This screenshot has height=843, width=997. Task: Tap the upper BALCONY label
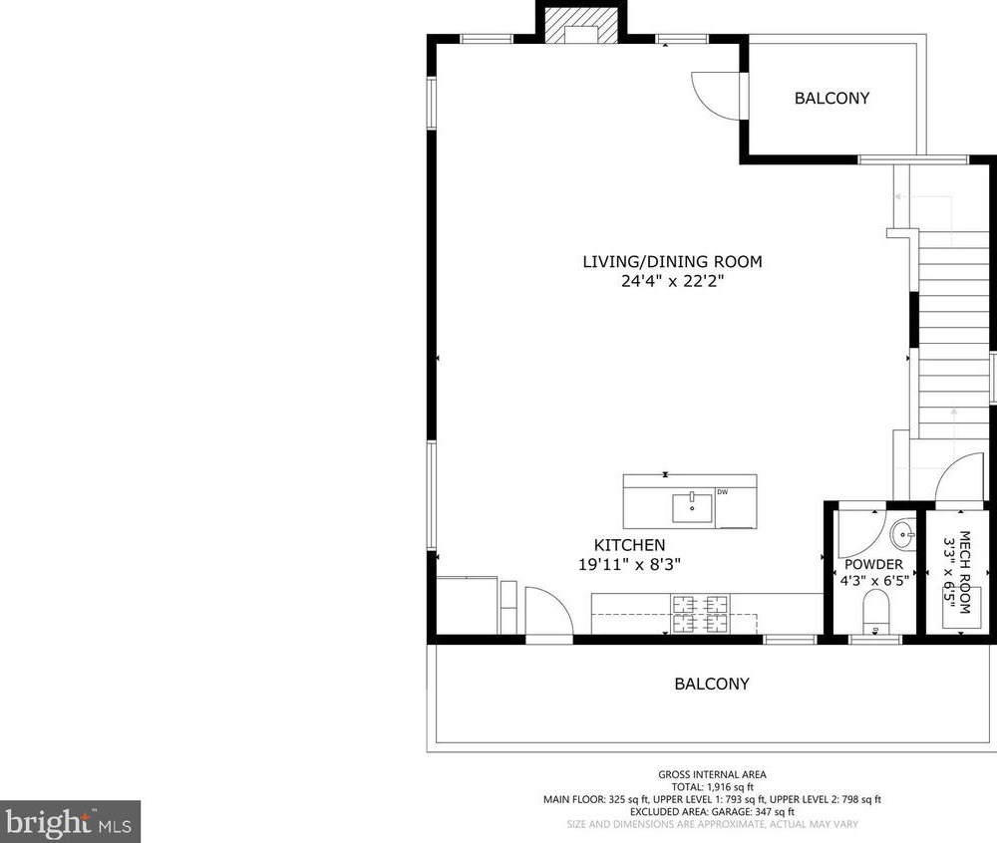tap(831, 99)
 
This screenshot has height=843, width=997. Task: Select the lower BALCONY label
tap(712, 685)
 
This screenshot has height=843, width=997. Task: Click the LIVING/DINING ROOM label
tap(672, 262)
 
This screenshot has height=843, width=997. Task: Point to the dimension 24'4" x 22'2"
tap(673, 281)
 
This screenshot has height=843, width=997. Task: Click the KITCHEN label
tap(629, 545)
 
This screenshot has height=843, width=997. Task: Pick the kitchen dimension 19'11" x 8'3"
tap(629, 565)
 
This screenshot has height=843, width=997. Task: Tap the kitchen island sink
tap(693, 507)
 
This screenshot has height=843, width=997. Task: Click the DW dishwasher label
tap(722, 492)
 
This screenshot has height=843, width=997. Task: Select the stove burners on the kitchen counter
tap(700, 614)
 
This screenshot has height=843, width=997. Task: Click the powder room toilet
tap(875, 611)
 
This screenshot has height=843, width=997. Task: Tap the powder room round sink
tap(902, 535)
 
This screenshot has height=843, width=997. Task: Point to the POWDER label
tap(873, 565)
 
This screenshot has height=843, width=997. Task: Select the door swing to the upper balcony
tap(716, 96)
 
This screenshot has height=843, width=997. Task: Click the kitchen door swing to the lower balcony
tap(549, 611)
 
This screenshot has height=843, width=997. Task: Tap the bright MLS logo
tap(70, 822)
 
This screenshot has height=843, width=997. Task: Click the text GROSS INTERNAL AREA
tap(712, 774)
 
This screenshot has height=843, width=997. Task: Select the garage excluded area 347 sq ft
tap(773, 812)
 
